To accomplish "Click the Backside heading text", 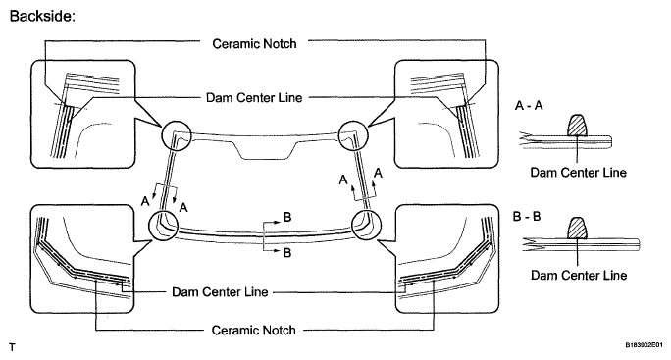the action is [x=42, y=16].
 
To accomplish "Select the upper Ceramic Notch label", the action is [x=254, y=44].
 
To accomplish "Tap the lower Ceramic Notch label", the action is [x=253, y=330].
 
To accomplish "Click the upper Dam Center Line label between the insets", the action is [x=254, y=97].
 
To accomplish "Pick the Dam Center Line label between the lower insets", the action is [x=220, y=292].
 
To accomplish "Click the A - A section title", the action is [x=529, y=105].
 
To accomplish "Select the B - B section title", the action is [x=527, y=216].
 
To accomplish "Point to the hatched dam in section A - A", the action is [x=577, y=125].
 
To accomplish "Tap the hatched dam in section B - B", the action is [x=577, y=228].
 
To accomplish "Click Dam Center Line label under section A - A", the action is [x=578, y=173].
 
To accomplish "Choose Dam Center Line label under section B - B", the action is [x=579, y=275].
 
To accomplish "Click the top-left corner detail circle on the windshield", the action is [x=176, y=135].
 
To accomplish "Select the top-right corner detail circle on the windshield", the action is [x=353, y=134].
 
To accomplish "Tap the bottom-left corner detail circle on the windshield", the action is [x=163, y=226].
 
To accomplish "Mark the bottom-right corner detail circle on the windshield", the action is [x=366, y=225].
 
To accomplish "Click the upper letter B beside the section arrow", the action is [x=287, y=217].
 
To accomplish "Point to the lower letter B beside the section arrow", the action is [x=287, y=253].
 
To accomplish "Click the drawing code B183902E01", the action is [x=644, y=345].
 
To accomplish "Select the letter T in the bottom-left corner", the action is [x=12, y=347].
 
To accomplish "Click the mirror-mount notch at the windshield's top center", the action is [x=266, y=151].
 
